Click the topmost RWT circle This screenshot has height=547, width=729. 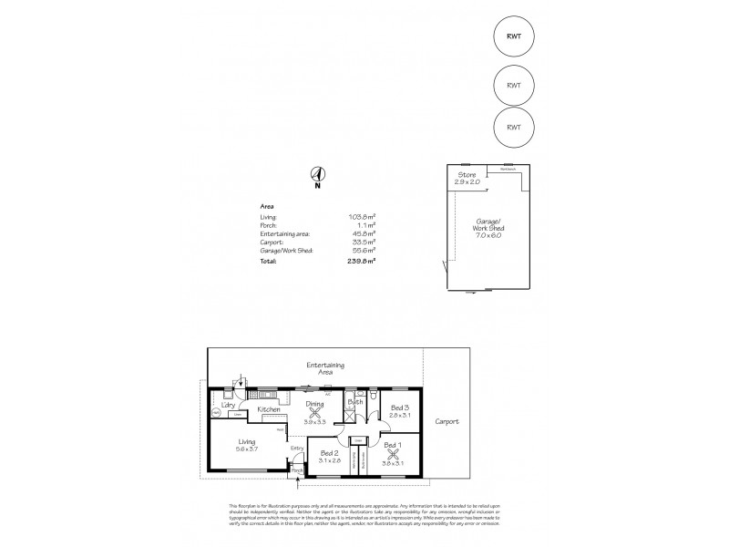tap(513, 36)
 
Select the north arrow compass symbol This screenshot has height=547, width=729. tap(317, 175)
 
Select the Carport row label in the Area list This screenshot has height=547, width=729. tap(272, 241)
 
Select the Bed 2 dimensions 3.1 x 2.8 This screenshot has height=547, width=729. tap(329, 460)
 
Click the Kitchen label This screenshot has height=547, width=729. tap(268, 410)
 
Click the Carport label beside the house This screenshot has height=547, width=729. tap(447, 421)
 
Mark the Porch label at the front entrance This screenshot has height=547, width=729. tap(296, 470)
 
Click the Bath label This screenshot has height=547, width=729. tap(354, 401)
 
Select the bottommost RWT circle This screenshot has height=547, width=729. tap(513, 127)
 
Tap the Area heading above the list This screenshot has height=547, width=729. tap(267, 206)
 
